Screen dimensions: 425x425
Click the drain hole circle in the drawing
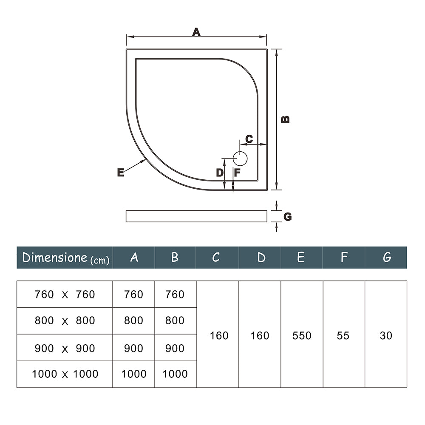[x=240, y=159]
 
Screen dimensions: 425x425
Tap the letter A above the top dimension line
[x=196, y=32]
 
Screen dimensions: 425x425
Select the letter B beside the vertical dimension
[x=286, y=119]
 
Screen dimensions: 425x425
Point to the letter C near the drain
[x=249, y=139]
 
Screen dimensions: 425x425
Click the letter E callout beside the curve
[x=121, y=173]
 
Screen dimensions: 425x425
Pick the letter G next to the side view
[x=288, y=217]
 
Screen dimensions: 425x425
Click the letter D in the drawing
[x=219, y=173]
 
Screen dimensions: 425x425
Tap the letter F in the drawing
[x=237, y=173]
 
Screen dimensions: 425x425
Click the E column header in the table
[x=300, y=258]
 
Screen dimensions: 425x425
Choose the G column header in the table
[x=386, y=258]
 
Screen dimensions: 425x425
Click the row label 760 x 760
[x=65, y=294]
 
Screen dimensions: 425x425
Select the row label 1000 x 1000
[x=65, y=374]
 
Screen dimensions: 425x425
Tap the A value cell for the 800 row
[x=133, y=320]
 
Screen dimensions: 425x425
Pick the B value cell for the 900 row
[x=175, y=348]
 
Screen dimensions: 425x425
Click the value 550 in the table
[x=302, y=335]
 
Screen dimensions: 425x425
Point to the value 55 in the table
[x=343, y=335]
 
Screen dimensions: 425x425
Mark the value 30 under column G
[x=386, y=335]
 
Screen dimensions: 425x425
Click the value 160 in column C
[x=219, y=335]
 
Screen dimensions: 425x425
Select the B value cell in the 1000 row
[x=175, y=374]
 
